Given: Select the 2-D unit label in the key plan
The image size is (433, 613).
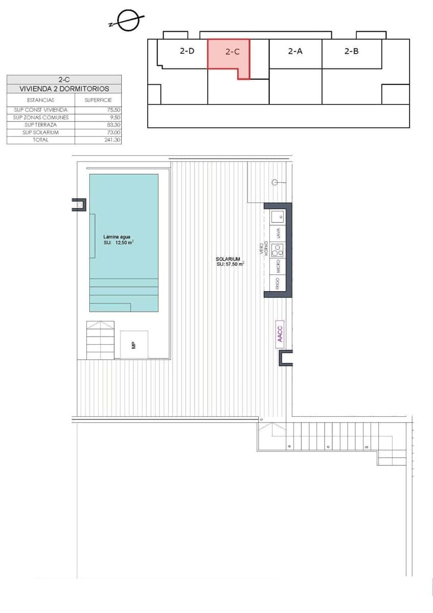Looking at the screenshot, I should tap(187, 51).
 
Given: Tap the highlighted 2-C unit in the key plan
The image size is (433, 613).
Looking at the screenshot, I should tap(233, 52).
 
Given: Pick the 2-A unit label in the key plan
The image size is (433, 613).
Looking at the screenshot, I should tap(295, 51).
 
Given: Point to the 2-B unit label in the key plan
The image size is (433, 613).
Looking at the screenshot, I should tap(351, 51).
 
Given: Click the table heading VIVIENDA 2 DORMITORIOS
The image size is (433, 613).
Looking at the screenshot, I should tap(64, 89).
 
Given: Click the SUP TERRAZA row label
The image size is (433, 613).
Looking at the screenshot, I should tap(40, 125).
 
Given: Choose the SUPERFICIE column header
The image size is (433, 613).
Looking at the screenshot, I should tap(98, 100).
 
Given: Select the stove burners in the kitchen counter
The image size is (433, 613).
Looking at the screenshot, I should tap(278, 250).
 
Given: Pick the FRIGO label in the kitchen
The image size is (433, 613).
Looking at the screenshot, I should tap(278, 284).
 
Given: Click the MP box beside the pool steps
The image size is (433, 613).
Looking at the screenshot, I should tap(134, 345).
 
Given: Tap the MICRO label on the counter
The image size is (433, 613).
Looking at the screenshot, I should tap(278, 266).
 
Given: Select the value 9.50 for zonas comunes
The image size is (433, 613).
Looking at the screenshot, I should tap(112, 117).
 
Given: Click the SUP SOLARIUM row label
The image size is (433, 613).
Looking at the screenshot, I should tap(40, 132).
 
